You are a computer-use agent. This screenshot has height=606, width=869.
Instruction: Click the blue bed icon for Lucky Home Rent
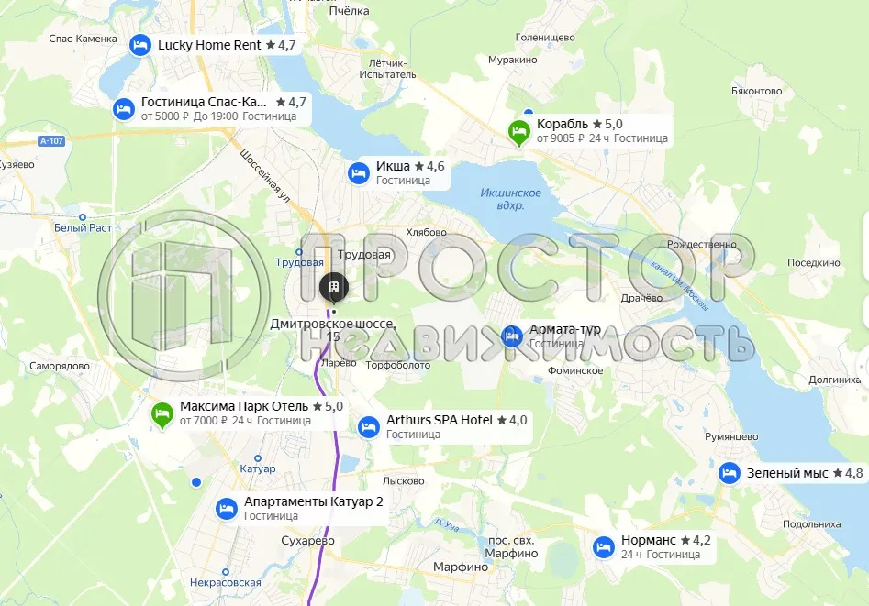tap(139, 45)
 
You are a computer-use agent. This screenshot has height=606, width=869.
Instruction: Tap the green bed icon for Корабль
tap(518, 133)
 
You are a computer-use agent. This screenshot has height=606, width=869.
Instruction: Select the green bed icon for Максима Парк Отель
tap(162, 415)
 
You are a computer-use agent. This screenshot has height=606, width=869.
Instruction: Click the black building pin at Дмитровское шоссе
tap(333, 287)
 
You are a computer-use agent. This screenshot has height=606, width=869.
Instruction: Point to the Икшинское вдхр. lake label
tap(510, 199)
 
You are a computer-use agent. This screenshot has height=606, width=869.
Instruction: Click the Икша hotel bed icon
tap(359, 172)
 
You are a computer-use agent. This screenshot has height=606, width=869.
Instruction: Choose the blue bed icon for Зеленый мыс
tap(730, 473)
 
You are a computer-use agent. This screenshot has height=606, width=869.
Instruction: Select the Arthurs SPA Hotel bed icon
tap(369, 427)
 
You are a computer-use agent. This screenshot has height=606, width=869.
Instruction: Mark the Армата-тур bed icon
tap(512, 336)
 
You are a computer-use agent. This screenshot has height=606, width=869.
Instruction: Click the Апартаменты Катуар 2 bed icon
tap(227, 509)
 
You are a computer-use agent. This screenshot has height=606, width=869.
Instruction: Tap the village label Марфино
tap(461, 567)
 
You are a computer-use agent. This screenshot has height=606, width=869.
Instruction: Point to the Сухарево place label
tap(307, 541)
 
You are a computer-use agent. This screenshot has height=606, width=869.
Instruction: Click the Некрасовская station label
tap(226, 582)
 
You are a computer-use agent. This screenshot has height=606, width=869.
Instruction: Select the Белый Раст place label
tap(82, 227)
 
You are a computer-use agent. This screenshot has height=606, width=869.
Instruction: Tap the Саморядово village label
tap(59, 366)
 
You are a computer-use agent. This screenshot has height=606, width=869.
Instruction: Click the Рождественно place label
tap(701, 244)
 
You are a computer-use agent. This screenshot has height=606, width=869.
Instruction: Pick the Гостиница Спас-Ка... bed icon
tap(124, 109)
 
